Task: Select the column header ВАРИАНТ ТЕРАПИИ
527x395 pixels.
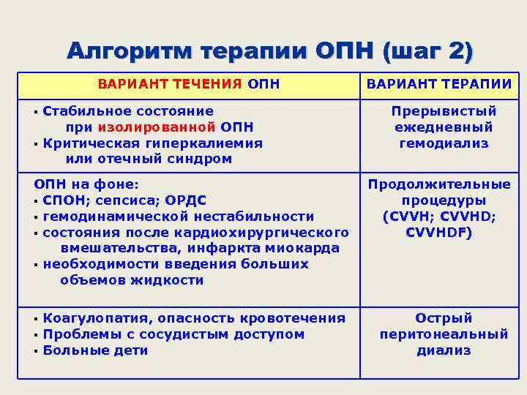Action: (x=439, y=83)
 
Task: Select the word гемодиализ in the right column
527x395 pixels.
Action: (x=444, y=143)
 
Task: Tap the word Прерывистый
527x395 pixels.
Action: (x=444, y=111)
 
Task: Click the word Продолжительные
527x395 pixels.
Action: (x=439, y=184)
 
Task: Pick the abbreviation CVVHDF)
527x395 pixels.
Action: (x=439, y=233)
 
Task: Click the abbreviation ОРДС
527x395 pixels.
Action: (x=185, y=200)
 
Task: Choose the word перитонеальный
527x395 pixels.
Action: (x=444, y=334)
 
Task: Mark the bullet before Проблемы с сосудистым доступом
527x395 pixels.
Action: (x=36, y=335)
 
